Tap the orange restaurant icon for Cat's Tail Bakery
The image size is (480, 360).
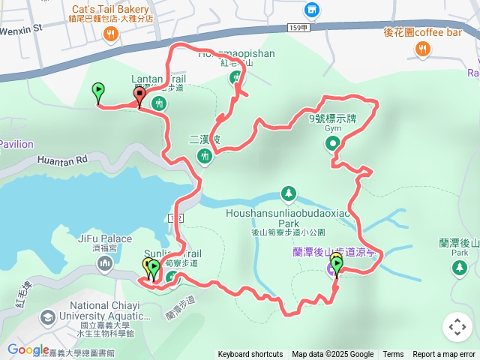point(111,34)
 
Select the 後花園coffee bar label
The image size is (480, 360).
point(422,32)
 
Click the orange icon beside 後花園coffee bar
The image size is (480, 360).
point(422,49)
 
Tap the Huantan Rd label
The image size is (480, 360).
point(61,159)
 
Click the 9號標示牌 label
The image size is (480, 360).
point(332,118)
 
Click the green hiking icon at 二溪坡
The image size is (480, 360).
point(205,156)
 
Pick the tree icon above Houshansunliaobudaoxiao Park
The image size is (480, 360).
point(288,195)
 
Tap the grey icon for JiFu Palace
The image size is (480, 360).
point(104,263)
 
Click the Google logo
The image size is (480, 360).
point(28,349)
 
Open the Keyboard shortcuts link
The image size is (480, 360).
point(250,355)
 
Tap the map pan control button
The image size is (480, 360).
point(457,327)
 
